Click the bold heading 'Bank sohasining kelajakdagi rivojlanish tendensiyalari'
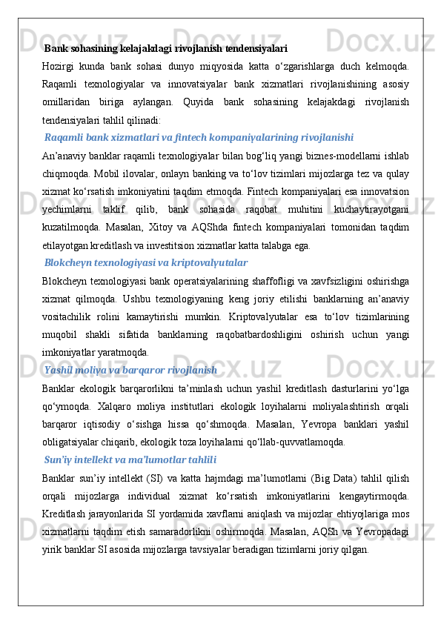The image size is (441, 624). tap(166, 49)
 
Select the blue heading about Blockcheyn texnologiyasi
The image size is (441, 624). tap(146, 262)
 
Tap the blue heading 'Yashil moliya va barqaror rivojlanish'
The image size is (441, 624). tap(130, 369)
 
